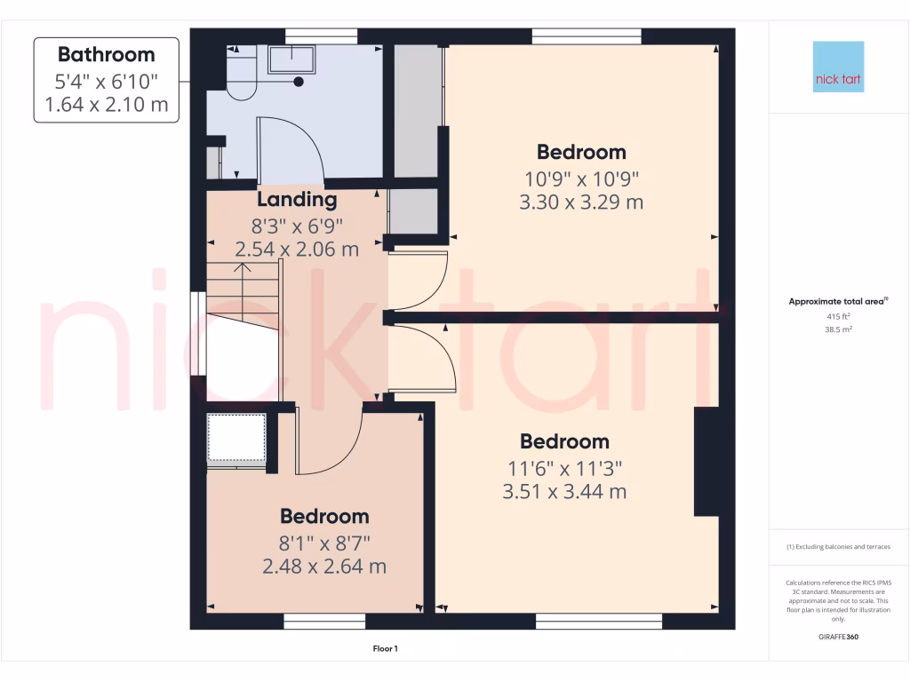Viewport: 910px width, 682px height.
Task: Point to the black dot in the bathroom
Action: (299, 82)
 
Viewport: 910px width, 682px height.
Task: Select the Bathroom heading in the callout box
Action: (106, 55)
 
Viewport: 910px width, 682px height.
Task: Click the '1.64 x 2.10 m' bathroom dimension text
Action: (106, 107)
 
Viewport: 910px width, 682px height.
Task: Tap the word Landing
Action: (297, 200)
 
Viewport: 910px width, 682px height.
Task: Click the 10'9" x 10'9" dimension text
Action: (581, 178)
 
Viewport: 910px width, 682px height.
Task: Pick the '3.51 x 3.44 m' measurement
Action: (564, 491)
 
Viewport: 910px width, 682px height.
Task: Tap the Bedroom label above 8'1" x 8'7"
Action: (324, 516)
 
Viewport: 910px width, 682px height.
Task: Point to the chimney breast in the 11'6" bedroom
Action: (706, 462)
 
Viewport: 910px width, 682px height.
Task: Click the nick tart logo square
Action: (838, 67)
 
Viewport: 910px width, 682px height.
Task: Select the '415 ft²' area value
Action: (838, 315)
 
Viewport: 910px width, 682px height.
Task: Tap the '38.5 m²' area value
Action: (838, 329)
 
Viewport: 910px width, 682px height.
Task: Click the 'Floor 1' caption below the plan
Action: (386, 649)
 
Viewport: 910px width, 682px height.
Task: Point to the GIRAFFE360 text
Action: (838, 637)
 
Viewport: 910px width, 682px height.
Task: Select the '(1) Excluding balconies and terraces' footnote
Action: (838, 547)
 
